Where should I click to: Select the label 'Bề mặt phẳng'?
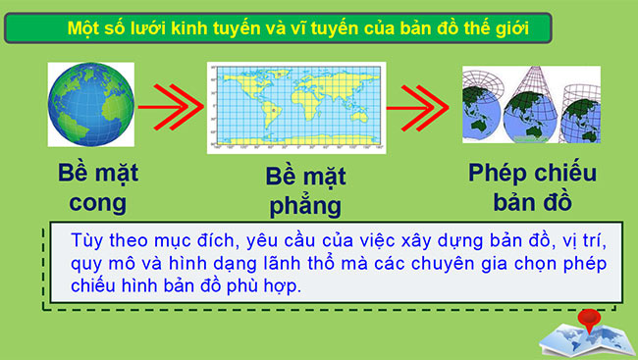pos(303,192)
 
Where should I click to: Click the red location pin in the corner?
pos(590,319)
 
